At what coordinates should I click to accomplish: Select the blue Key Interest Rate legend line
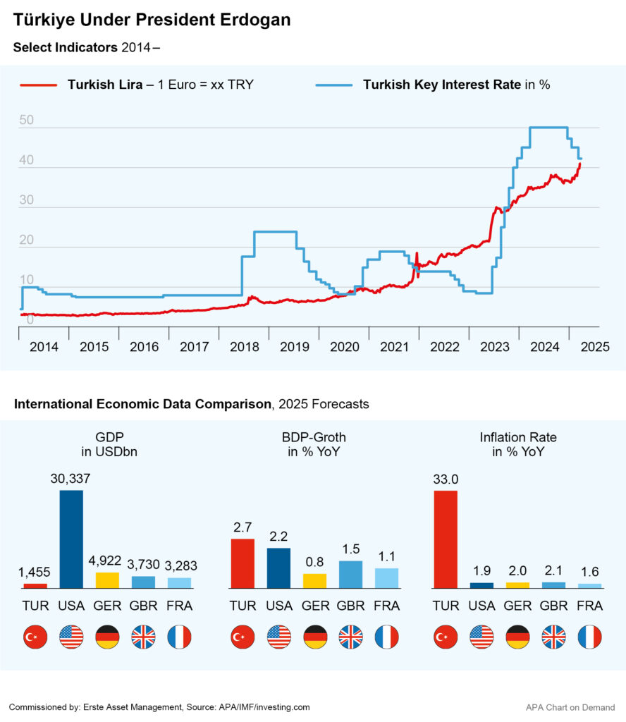pos(334,85)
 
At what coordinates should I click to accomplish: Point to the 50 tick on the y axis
pos(26,121)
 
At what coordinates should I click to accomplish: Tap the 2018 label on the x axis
pos(244,347)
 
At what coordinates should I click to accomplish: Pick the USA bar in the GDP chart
pos(71,539)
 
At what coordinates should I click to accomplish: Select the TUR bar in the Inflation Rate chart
pos(446,539)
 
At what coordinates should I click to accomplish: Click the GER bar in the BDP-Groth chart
pos(314,580)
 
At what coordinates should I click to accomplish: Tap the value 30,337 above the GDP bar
pos(70,479)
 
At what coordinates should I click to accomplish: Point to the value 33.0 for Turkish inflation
pos(446,479)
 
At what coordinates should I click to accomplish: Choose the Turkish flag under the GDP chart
pos(35,637)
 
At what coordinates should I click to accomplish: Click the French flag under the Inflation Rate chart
pos(589,637)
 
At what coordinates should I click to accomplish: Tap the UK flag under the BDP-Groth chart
pos(350,637)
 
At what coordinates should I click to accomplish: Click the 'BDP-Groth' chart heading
pos(314,438)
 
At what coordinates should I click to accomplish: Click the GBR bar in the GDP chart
pos(143,582)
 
